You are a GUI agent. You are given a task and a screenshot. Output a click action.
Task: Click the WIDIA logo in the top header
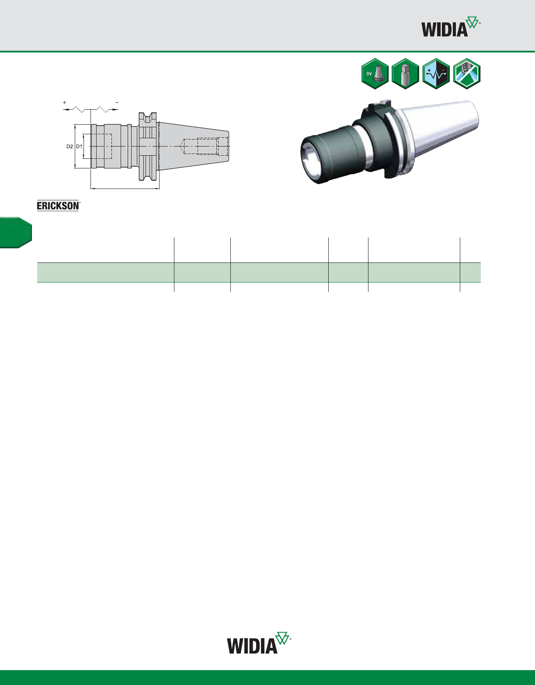click(450, 27)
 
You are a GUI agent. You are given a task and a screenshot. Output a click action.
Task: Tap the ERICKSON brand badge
click(58, 206)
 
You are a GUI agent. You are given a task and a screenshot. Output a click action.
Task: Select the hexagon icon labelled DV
click(375, 74)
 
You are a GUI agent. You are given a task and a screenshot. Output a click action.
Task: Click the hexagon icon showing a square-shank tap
click(405, 74)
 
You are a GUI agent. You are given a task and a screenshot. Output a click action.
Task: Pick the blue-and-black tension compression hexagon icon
click(436, 74)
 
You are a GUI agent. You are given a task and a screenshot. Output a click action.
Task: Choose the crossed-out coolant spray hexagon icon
click(466, 74)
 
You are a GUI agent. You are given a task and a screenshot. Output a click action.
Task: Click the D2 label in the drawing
click(69, 146)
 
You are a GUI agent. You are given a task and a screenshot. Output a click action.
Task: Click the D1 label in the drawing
click(79, 146)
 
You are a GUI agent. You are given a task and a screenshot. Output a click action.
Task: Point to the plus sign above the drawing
click(65, 102)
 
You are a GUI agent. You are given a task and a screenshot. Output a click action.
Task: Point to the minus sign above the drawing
click(117, 102)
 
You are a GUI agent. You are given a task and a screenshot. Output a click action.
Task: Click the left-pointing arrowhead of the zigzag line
click(66, 109)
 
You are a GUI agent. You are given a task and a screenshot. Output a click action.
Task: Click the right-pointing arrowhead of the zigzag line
click(115, 109)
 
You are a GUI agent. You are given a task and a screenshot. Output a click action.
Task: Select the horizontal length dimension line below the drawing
click(125, 189)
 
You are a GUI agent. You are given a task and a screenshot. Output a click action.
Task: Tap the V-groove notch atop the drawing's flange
click(147, 117)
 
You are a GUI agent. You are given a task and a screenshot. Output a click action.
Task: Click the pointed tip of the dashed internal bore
click(181, 146)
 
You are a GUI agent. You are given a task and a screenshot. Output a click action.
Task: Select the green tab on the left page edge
click(16, 233)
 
